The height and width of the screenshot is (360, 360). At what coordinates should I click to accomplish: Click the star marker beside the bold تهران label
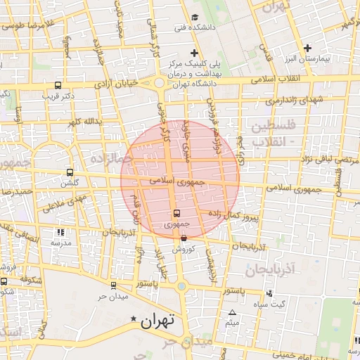(x=134, y=321)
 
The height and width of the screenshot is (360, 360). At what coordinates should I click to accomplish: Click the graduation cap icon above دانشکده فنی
(x=195, y=18)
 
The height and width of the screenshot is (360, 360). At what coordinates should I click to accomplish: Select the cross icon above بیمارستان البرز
(x=307, y=49)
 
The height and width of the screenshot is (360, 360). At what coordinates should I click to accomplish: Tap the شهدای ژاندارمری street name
(x=295, y=100)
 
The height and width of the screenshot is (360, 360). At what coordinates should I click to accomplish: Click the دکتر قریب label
(x=59, y=94)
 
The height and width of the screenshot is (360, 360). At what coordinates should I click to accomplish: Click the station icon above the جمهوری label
(x=176, y=213)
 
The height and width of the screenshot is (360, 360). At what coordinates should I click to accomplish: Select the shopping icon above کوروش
(x=183, y=238)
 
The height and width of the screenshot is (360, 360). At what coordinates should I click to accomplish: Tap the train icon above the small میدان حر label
(x=113, y=285)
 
